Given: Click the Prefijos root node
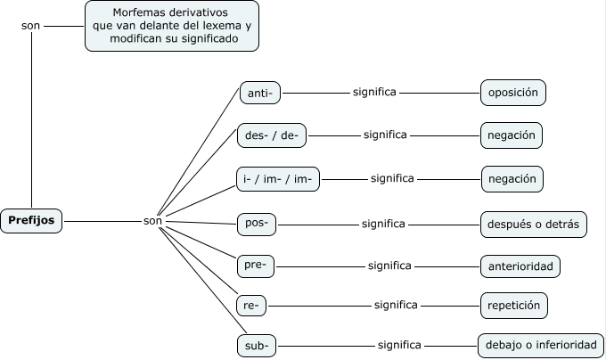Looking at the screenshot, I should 31,220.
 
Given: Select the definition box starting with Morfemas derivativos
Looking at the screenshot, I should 171,26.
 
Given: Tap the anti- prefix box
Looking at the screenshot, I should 260,93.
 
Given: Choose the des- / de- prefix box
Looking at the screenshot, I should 272,135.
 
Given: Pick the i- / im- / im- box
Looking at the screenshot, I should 277,179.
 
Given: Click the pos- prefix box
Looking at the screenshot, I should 257,224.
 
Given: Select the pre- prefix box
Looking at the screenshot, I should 257,266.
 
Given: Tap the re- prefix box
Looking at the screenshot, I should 252,306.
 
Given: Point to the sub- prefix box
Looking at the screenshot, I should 258,346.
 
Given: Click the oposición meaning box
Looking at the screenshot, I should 512,93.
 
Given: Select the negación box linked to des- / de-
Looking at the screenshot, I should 512,135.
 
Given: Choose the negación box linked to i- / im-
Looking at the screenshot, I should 512,179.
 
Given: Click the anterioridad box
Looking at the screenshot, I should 520,266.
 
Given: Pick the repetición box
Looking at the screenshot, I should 514,306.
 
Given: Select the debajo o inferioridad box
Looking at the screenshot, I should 540,346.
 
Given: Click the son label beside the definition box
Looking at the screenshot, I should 30,26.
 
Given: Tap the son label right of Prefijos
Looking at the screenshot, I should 152,221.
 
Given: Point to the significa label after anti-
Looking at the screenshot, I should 374,92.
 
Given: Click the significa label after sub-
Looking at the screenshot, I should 399,345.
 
